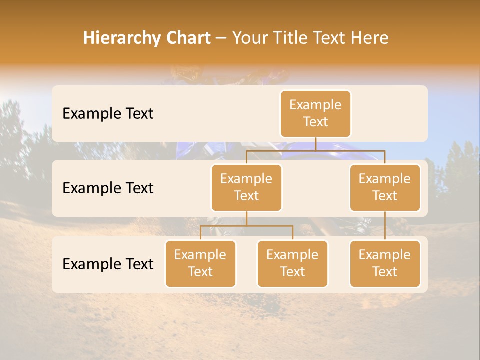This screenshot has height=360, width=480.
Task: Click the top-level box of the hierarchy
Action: click(315, 113)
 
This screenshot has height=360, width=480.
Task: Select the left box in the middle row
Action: click(246, 187)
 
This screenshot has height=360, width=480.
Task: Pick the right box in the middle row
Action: click(385, 187)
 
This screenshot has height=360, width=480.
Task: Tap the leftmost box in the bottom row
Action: click(200, 263)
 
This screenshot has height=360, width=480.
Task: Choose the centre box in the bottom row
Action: click(292, 263)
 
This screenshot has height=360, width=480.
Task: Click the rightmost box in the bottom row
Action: click(385, 263)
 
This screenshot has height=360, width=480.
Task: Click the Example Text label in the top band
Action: click(108, 113)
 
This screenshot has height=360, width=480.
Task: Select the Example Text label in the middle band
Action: click(108, 188)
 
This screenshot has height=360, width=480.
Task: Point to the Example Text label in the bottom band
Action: click(108, 264)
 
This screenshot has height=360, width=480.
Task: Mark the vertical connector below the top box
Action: click(315, 144)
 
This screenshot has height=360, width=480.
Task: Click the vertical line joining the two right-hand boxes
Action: click(385, 226)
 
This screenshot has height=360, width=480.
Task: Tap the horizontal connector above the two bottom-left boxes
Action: click(246, 226)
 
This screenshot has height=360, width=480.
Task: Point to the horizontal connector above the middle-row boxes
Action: click(315, 150)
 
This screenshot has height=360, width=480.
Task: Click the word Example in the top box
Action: click(315, 105)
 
